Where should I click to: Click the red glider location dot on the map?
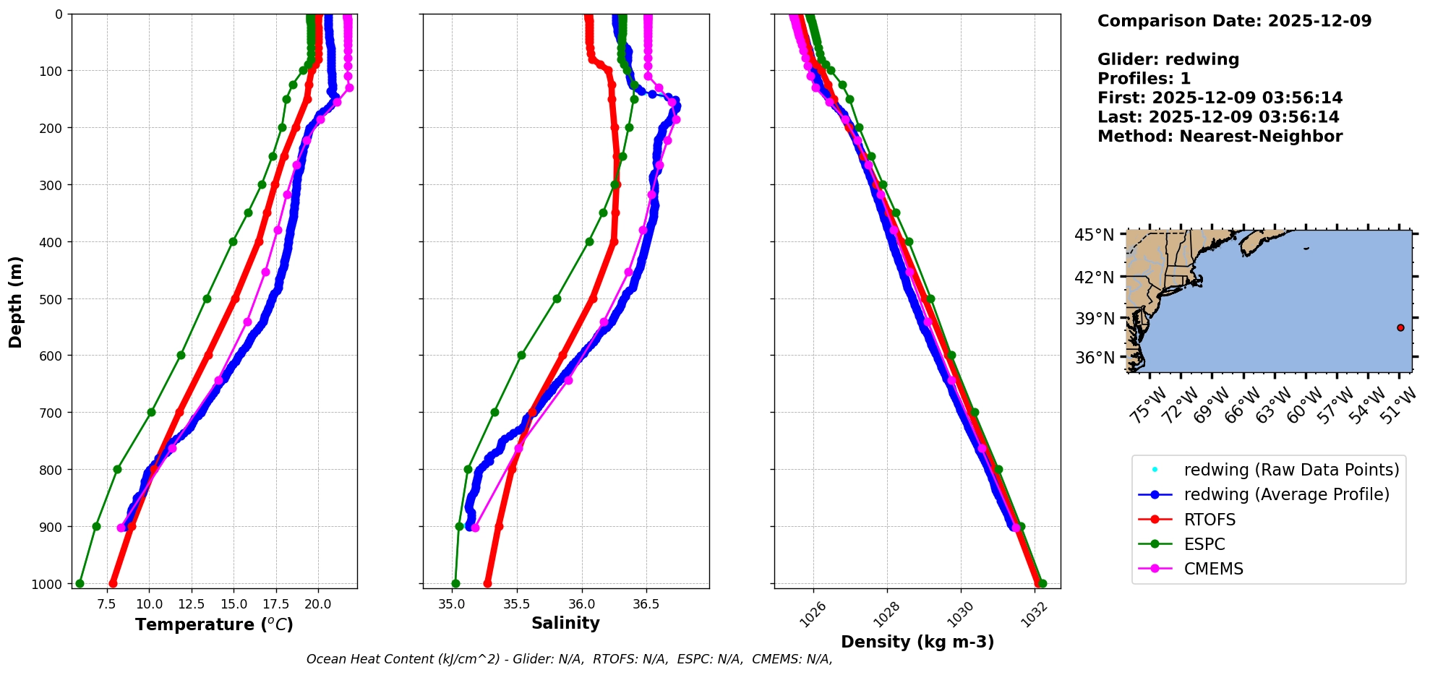coord(1400,327)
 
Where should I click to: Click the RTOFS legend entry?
coord(1209,520)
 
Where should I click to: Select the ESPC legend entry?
coord(1204,544)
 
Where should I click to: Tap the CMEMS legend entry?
coord(1213,569)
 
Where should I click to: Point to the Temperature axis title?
coord(214,624)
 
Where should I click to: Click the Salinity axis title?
coord(565,623)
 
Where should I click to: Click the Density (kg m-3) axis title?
coord(917,642)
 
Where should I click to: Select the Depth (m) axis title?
coord(16,301)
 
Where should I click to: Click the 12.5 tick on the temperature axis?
coord(192,603)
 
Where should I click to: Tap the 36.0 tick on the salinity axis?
coord(581,603)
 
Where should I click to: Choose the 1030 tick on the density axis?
coord(960,614)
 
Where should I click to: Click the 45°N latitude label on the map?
coord(1094,235)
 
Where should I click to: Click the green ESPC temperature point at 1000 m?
coord(80,583)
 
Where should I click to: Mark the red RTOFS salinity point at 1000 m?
coord(487,583)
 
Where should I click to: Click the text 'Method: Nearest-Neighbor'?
coord(1220,137)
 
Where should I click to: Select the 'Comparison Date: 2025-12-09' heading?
coord(1234,21)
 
